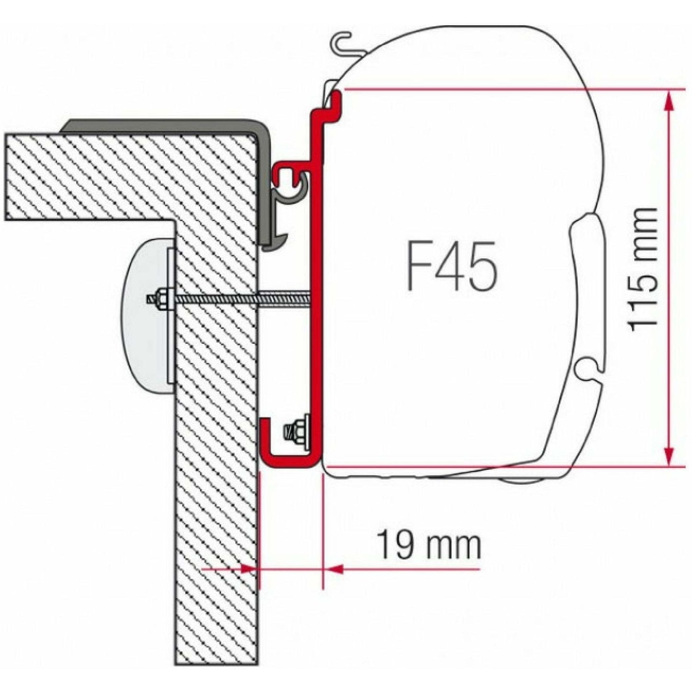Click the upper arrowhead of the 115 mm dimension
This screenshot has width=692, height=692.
point(669,98)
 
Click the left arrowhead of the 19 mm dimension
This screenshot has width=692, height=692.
point(249,569)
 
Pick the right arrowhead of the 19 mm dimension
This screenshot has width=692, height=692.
point(333,569)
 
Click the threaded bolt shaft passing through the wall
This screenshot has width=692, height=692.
point(239,299)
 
